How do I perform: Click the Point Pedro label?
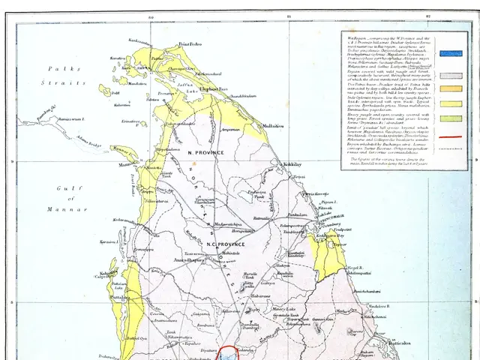190,46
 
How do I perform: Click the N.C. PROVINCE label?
222,244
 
